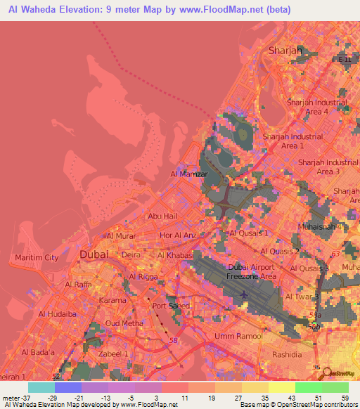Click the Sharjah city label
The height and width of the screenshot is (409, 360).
pyautogui.click(x=285, y=51)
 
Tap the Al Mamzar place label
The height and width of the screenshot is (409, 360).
pyautogui.click(x=186, y=173)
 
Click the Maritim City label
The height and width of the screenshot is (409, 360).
pyautogui.click(x=37, y=258)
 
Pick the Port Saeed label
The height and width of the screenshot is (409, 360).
pyautogui.click(x=169, y=306)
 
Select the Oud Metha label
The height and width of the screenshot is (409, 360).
pyautogui.click(x=120, y=323)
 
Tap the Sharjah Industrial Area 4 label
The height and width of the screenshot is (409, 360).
pyautogui.click(x=316, y=107)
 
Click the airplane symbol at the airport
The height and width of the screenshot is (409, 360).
pyautogui.click(x=244, y=294)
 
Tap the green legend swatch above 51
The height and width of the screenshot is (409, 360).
pyautogui.click(x=308, y=387)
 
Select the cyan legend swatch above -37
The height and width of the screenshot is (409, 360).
pyautogui.click(x=41, y=387)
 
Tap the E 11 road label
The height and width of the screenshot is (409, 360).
pyautogui.click(x=345, y=60)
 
